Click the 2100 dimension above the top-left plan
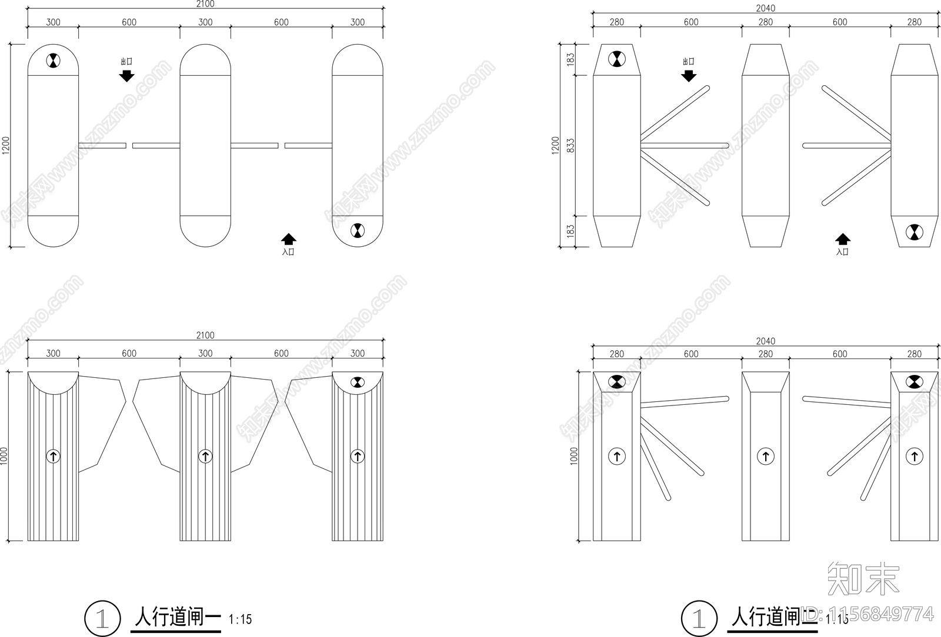point(205,4)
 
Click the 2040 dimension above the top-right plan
point(765,8)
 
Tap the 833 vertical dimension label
point(570,146)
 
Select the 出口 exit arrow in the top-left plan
point(126,75)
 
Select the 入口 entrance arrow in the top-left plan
point(288,239)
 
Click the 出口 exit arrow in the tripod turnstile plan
point(689,75)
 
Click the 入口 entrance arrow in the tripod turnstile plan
point(843,239)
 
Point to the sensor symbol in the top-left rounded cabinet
point(53,60)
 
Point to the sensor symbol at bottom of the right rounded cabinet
point(357,231)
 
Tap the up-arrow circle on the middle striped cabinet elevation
point(205,456)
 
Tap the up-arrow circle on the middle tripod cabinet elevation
point(765,456)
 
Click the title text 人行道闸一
point(177,617)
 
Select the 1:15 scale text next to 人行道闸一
point(240,619)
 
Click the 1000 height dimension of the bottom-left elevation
point(5,456)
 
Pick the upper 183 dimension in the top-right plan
point(570,59)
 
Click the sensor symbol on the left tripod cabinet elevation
point(616,382)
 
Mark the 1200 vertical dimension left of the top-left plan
point(6,146)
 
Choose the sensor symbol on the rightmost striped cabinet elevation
point(357,383)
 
